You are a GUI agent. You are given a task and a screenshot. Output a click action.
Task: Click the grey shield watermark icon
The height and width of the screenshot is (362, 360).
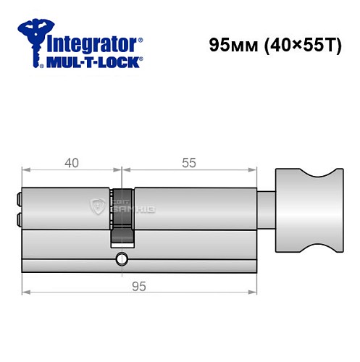click(x=99, y=207)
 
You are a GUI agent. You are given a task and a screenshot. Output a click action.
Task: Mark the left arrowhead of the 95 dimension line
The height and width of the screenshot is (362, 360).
click(x=26, y=292)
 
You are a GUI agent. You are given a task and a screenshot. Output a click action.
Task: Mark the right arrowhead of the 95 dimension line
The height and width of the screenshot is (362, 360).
click(x=254, y=292)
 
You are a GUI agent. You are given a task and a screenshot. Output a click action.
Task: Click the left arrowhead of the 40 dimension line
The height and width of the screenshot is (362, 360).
click(x=26, y=172)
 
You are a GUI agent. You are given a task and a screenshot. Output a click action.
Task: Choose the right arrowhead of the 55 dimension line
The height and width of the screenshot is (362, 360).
click(x=254, y=172)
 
